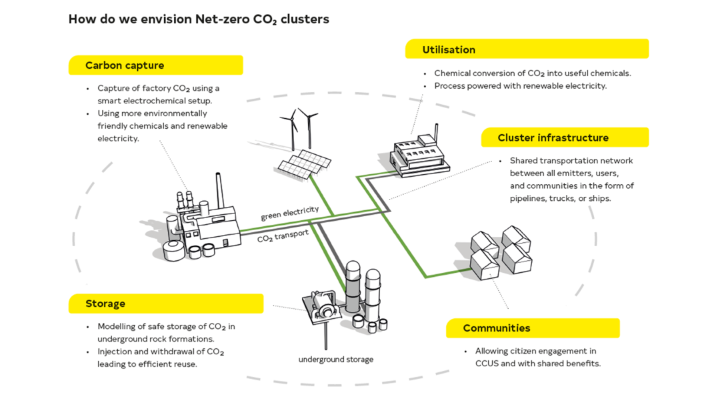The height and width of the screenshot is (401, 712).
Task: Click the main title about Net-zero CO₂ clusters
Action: [199, 19]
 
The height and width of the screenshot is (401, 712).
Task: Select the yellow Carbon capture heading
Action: [125, 65]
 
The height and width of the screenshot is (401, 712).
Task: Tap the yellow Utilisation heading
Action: [449, 49]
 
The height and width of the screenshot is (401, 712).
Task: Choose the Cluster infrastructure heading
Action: [553, 138]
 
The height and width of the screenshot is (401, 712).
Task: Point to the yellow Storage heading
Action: [105, 304]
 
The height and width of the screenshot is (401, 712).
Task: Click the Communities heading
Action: [497, 328]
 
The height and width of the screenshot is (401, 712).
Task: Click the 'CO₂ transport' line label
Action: [283, 235]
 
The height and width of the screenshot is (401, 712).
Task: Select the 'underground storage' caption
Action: [335, 360]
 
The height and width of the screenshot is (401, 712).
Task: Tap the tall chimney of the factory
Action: [218, 193]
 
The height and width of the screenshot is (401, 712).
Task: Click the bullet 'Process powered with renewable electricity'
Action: [520, 86]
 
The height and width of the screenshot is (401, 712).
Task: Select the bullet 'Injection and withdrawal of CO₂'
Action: [160, 358]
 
